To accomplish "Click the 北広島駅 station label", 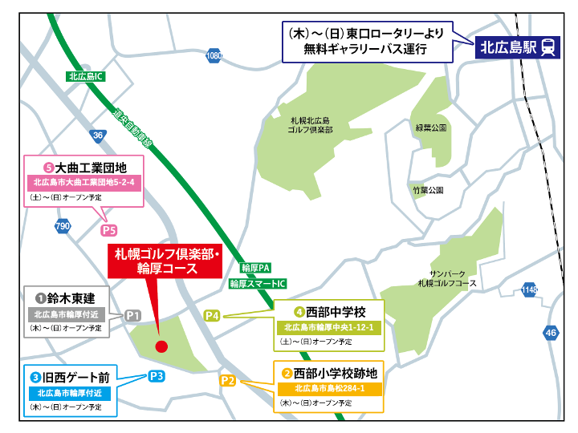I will click(x=507, y=47).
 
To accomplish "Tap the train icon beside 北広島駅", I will click(x=547, y=47).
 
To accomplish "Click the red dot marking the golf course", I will click(x=161, y=346).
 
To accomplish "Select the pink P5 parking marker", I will click(x=110, y=230).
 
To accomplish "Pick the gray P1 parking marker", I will click(x=133, y=315).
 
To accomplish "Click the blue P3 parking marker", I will click(x=157, y=375).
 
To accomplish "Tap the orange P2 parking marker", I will click(x=227, y=380).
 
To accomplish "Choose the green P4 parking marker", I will click(x=212, y=315).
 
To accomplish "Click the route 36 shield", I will click(x=97, y=136).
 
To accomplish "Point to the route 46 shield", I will click(x=550, y=333).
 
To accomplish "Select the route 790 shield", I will click(x=63, y=227).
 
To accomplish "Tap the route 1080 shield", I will click(x=213, y=56).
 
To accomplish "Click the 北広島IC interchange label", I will click(x=86, y=77).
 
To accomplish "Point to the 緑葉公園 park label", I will click(x=431, y=127).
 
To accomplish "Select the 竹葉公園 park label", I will click(x=427, y=191).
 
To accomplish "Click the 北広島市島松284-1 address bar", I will click(x=329, y=389).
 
